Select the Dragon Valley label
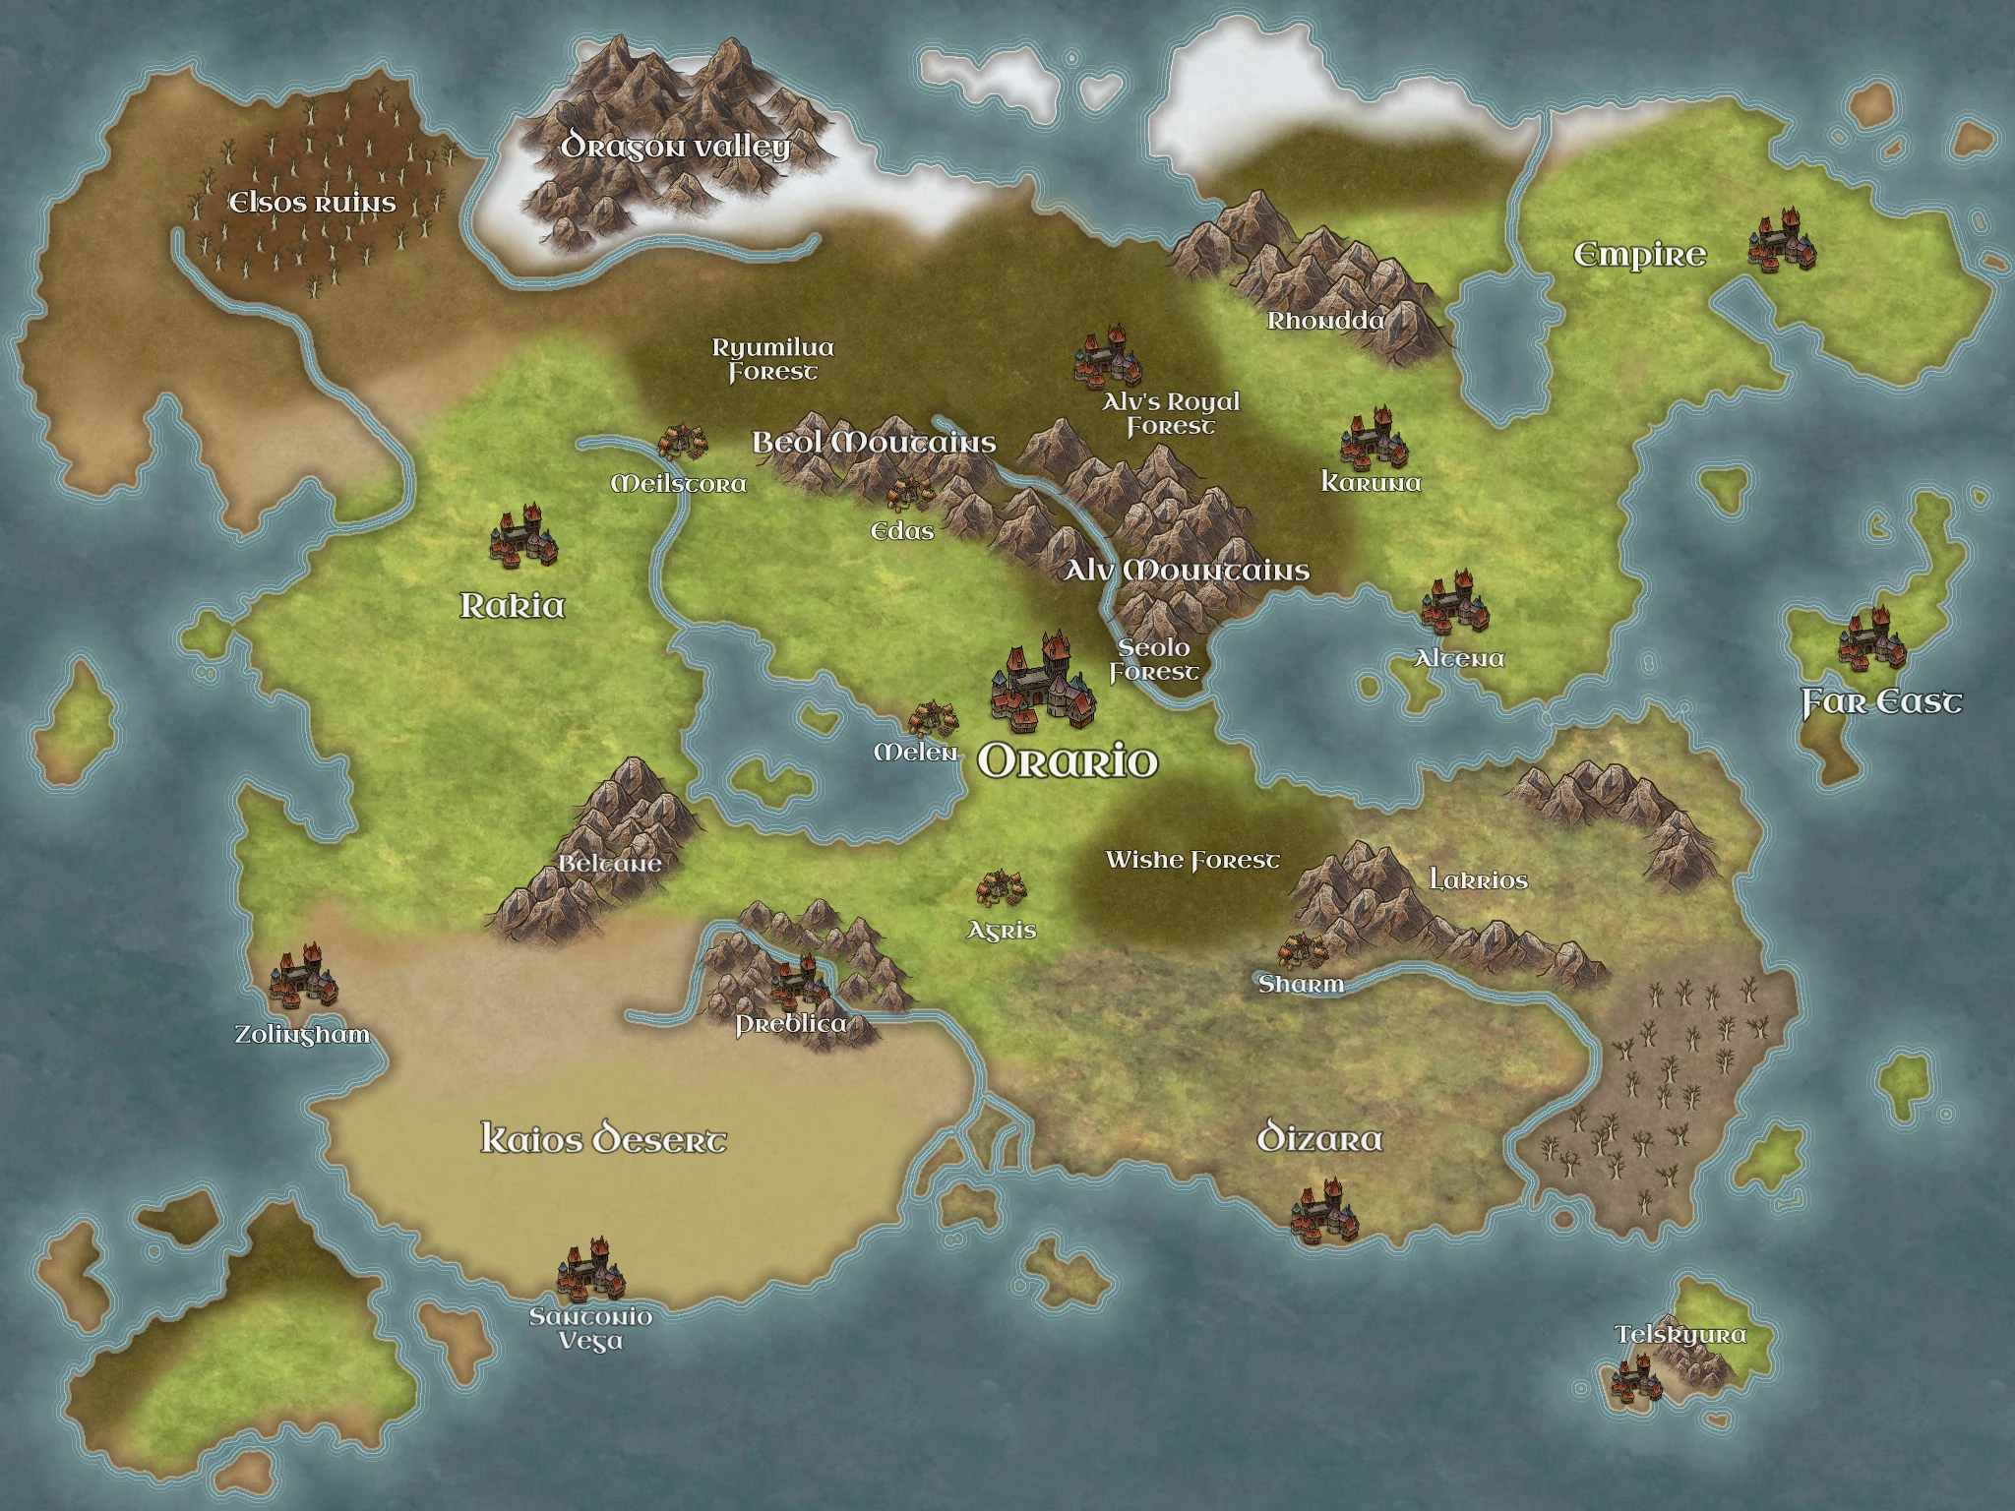(x=675, y=148)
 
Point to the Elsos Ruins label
(x=312, y=204)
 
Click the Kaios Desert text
(x=603, y=1140)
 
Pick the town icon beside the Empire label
(x=1782, y=241)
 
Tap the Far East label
(x=1881, y=702)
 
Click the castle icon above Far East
(x=1871, y=640)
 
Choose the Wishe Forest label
(x=1192, y=861)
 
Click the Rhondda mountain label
(x=1325, y=321)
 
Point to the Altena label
(x=1459, y=658)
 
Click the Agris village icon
(x=1001, y=888)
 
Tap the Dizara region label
(x=1319, y=1140)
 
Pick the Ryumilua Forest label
(x=773, y=360)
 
